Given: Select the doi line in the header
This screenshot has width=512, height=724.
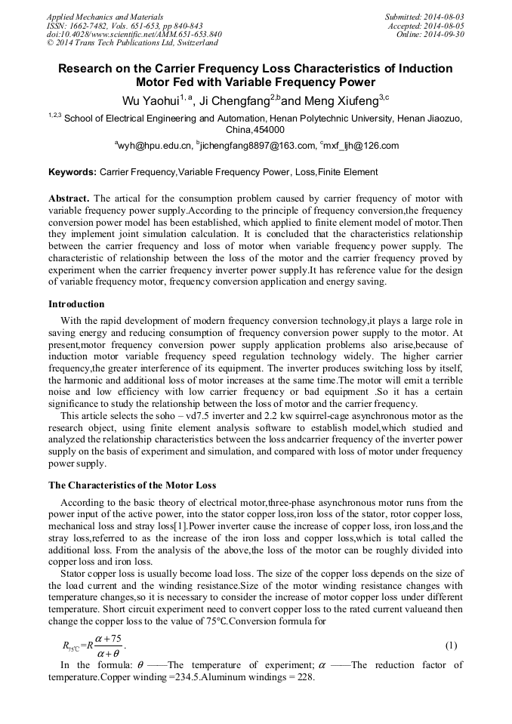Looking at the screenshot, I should pos(134,34).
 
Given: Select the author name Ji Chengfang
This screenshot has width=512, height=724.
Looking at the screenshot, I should pos(233,100).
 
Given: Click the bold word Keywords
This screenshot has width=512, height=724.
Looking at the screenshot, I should pos(72,172).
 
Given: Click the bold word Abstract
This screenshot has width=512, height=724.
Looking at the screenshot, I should pos(69,198).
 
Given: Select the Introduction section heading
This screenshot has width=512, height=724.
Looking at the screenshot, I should pos(76,304).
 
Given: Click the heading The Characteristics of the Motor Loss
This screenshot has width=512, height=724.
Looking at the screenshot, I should pos(132,485).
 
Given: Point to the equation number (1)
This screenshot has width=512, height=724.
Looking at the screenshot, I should pos(451,645).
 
